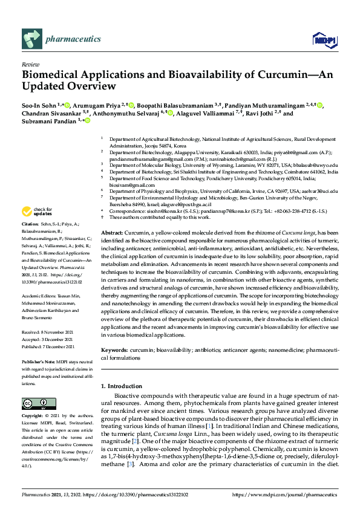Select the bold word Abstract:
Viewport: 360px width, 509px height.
coord(112,232)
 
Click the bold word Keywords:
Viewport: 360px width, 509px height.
coord(114,350)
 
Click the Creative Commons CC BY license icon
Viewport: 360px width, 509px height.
coord(35,403)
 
